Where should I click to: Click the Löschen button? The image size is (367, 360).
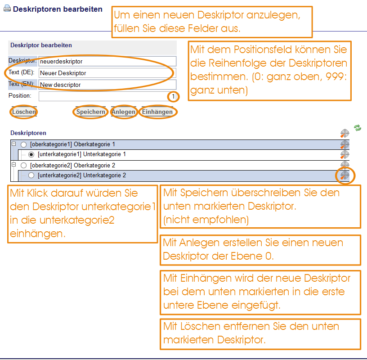pyautogui.click(x=24, y=112)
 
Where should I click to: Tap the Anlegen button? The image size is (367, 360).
pyautogui.click(x=124, y=112)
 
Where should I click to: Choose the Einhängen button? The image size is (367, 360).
pyautogui.click(x=157, y=112)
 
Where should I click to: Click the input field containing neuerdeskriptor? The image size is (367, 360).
pyautogui.click(x=107, y=61)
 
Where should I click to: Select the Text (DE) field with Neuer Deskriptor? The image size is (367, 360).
pyautogui.click(x=107, y=73)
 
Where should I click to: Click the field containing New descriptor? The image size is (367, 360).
pyautogui.click(x=107, y=85)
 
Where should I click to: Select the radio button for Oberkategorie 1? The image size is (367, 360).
pyautogui.click(x=24, y=144)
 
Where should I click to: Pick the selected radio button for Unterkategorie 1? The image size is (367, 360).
pyautogui.click(x=31, y=155)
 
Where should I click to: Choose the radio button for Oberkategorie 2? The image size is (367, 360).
pyautogui.click(x=24, y=166)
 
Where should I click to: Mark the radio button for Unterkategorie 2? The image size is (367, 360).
pyautogui.click(x=31, y=175)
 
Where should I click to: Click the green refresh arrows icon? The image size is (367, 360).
pyautogui.click(x=358, y=128)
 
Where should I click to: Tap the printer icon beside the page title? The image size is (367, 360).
pyautogui.click(x=7, y=9)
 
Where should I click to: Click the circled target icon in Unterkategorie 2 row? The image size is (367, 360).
pyautogui.click(x=345, y=175)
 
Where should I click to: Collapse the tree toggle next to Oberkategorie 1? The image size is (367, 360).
pyautogui.click(x=14, y=144)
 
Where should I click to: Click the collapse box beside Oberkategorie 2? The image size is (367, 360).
pyautogui.click(x=14, y=165)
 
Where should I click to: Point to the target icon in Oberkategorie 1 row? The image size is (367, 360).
pyautogui.click(x=345, y=144)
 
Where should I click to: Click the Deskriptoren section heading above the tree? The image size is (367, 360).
pyautogui.click(x=28, y=133)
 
